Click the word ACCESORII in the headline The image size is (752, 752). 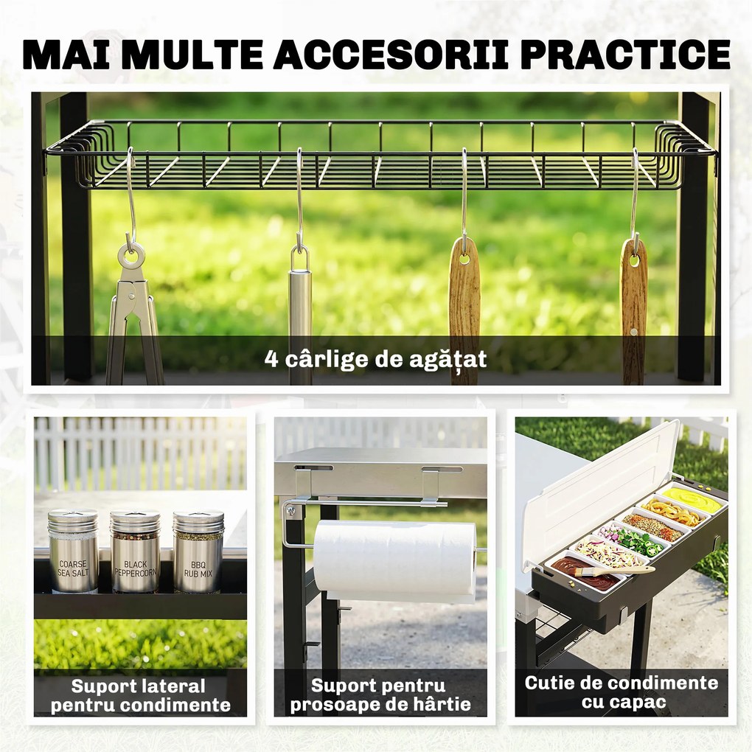click(391, 55)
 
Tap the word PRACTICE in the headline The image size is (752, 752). click(625, 55)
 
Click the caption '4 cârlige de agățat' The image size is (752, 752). click(375, 359)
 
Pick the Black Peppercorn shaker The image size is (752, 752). click(135, 551)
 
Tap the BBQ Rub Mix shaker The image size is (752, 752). click(198, 551)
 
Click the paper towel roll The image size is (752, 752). click(394, 560)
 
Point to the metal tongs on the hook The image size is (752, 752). click(133, 312)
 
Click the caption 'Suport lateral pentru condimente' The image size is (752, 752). click(140, 695)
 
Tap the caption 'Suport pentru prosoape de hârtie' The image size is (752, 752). click(380, 695)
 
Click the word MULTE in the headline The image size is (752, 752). click(193, 55)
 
